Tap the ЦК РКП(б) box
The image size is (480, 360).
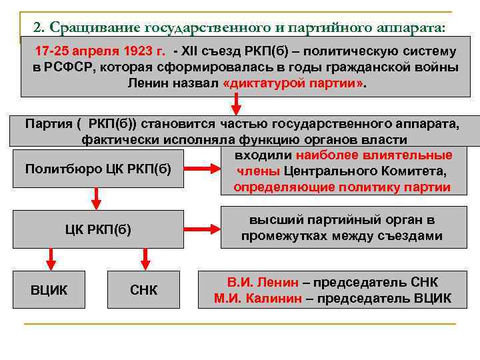98,230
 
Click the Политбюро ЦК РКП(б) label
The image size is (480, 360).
98,168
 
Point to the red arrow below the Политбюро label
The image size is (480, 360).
96,197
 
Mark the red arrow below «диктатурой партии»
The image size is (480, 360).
235,104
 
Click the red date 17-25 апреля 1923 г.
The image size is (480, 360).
100,51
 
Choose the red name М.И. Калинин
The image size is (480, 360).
258,298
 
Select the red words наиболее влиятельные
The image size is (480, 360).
374,155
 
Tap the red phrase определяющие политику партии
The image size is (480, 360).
341,187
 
